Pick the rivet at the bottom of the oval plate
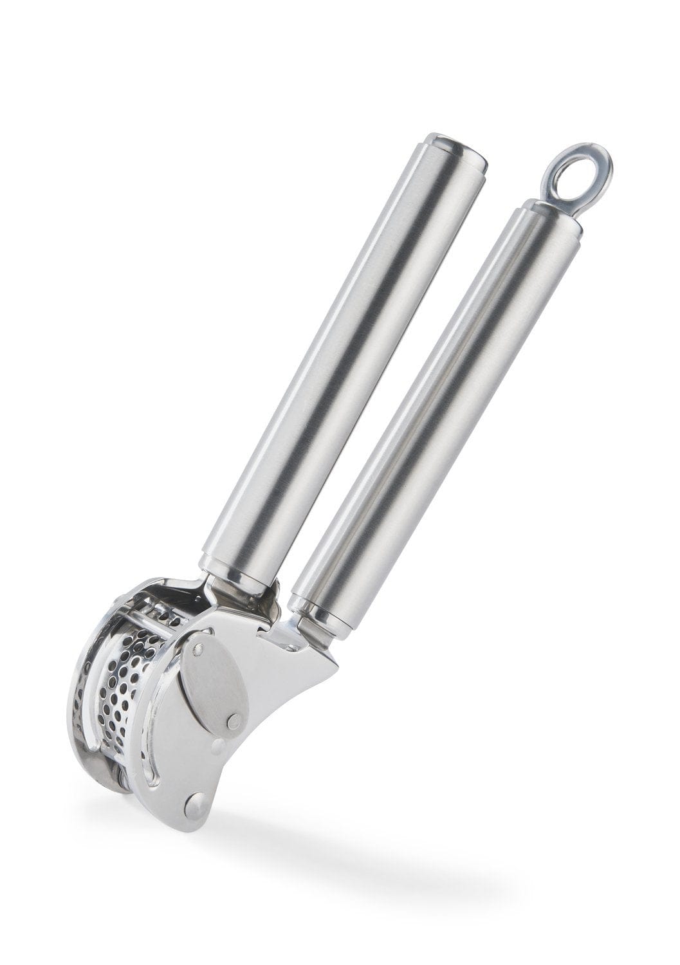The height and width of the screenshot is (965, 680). coord(234,722)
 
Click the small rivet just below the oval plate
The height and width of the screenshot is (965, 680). coord(218,747)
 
